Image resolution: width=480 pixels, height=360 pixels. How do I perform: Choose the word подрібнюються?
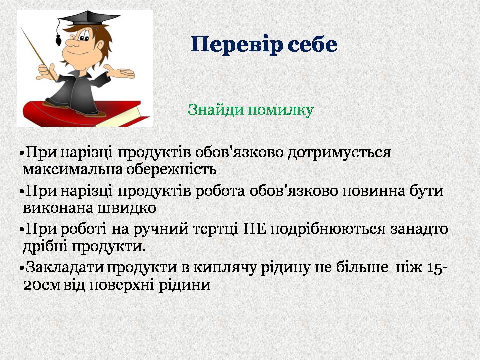[328, 230]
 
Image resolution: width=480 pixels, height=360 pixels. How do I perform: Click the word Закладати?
[64, 268]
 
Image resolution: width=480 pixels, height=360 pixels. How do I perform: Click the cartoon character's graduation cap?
[89, 19]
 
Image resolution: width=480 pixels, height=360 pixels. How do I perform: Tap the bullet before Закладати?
[21, 268]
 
